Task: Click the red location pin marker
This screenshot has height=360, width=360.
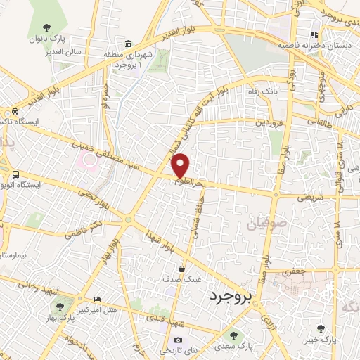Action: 181,165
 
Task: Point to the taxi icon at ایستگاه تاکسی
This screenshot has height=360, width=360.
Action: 15,112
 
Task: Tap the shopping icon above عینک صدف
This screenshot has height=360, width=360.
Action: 182,268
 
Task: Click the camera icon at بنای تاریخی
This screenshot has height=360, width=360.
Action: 178,340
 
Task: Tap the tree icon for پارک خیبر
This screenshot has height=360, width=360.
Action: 321,328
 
